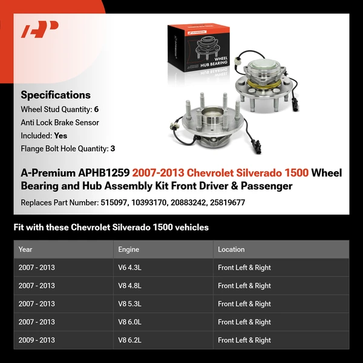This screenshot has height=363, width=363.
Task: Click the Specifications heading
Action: click(x=56, y=95)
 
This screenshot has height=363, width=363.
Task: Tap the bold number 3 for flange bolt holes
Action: click(x=113, y=148)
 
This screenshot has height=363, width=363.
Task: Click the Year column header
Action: click(x=25, y=249)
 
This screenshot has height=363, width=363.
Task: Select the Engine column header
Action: click(x=128, y=249)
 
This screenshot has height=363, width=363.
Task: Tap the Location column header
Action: click(x=231, y=249)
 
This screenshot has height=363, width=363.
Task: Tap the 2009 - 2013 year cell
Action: click(x=37, y=340)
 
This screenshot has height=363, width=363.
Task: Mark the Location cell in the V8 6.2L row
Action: click(x=244, y=340)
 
